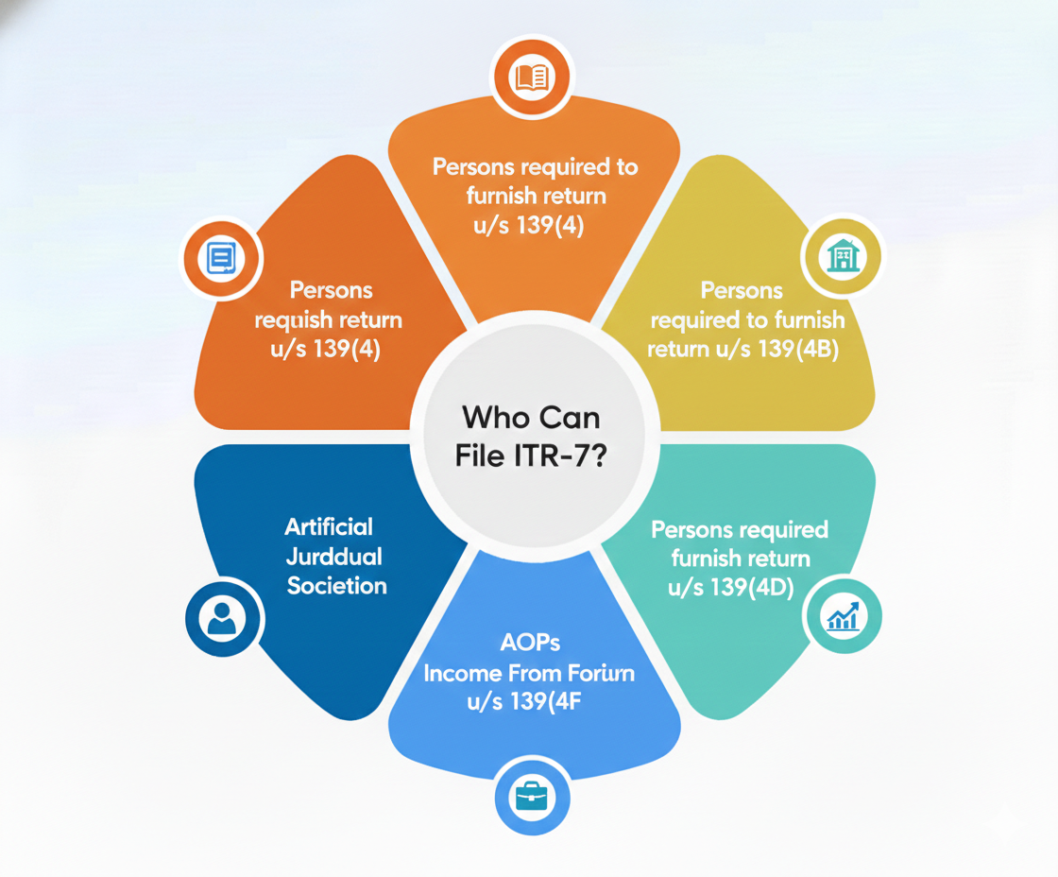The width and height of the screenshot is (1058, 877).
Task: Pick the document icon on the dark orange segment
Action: [224, 255]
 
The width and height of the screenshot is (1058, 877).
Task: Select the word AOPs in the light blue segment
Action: [530, 644]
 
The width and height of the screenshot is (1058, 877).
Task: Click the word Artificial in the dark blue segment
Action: [330, 526]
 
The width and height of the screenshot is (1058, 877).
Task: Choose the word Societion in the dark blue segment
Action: [337, 585]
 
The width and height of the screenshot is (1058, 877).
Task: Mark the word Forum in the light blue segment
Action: [599, 674]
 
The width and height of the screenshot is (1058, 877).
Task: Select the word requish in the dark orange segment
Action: [296, 319]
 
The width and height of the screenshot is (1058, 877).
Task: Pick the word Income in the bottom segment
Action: [458, 674]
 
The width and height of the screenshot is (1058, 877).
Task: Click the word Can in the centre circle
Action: [570, 417]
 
